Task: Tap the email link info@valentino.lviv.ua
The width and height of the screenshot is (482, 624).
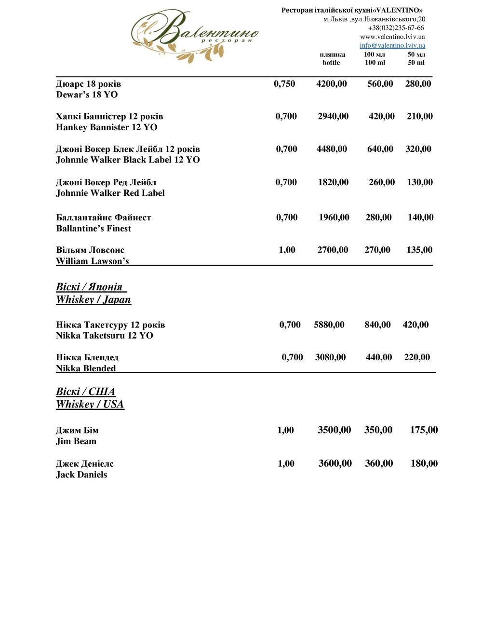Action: [392, 45]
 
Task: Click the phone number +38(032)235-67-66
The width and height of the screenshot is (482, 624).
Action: [396, 28]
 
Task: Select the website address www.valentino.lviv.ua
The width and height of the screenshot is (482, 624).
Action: [392, 37]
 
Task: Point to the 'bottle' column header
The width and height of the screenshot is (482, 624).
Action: [331, 63]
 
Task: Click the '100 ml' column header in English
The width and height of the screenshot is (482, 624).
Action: [375, 63]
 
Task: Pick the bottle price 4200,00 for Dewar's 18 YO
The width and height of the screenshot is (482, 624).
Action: [332, 84]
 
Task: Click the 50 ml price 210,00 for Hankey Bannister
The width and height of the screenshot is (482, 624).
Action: [420, 116]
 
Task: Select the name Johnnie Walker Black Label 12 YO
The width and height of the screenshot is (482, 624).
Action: [128, 160]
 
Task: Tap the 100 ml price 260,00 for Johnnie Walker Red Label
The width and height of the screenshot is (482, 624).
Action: [382, 182]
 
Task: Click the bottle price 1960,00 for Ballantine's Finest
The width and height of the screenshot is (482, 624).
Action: [334, 217]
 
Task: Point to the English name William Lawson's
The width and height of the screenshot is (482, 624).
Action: [93, 261]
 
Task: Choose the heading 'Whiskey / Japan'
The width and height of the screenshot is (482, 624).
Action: [94, 299]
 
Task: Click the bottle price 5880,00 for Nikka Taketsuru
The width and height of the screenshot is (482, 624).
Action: [329, 325]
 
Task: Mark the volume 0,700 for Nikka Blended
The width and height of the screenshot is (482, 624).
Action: [293, 357]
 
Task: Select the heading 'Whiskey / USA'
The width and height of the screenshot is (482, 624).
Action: [90, 404]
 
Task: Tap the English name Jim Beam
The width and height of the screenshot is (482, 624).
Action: [76, 441]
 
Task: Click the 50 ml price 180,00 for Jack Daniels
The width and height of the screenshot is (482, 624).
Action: [424, 463]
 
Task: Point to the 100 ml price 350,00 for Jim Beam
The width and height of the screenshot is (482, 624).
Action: [378, 430]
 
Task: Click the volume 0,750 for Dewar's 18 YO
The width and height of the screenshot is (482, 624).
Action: [284, 84]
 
